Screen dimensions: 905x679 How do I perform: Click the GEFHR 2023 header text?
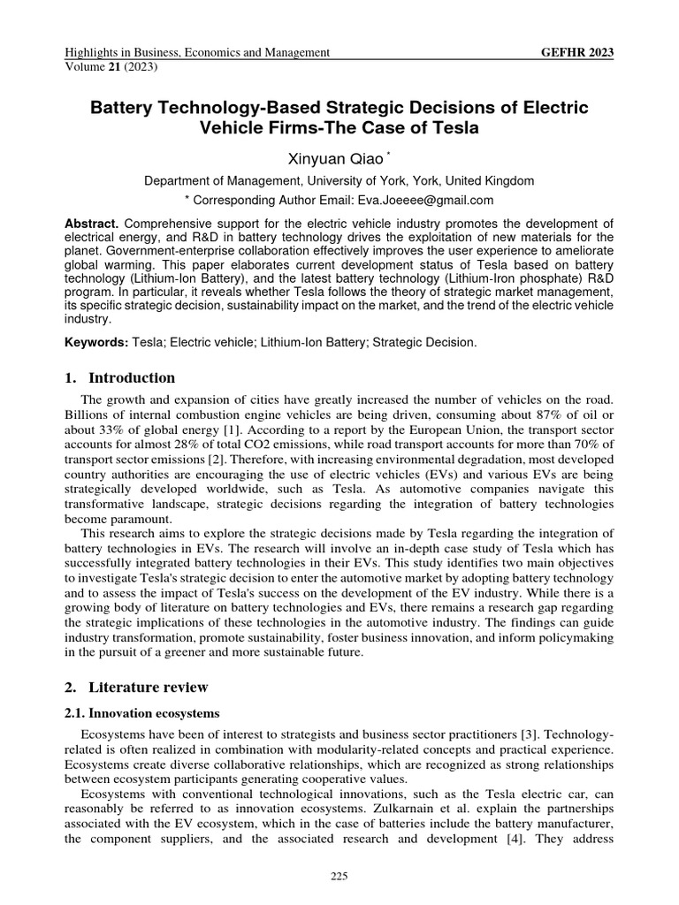click(x=576, y=53)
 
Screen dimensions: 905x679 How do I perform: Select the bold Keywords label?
click(x=97, y=341)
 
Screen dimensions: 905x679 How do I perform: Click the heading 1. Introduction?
click(x=120, y=378)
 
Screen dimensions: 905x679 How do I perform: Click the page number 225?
click(x=339, y=876)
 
